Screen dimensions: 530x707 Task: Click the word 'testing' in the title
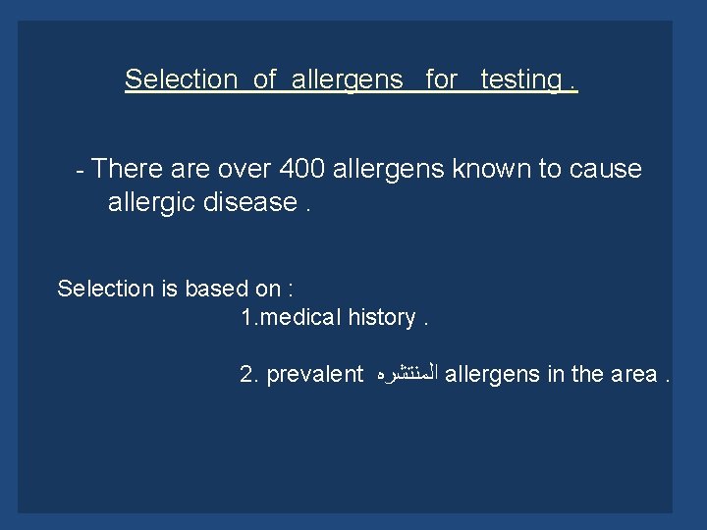[x=520, y=79]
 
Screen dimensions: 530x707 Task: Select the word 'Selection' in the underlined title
[x=182, y=79]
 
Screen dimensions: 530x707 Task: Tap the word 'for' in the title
[x=442, y=79]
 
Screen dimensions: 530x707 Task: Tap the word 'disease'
[x=255, y=202]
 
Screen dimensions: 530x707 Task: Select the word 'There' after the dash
[x=129, y=169]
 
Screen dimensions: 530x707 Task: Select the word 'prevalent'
[x=314, y=374]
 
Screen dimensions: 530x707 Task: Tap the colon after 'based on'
[x=292, y=290]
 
